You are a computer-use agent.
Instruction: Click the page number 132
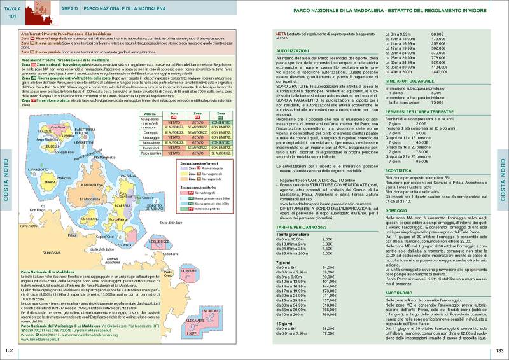10,350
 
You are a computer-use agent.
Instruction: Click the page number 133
499,350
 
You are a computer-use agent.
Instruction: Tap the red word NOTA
281,32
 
